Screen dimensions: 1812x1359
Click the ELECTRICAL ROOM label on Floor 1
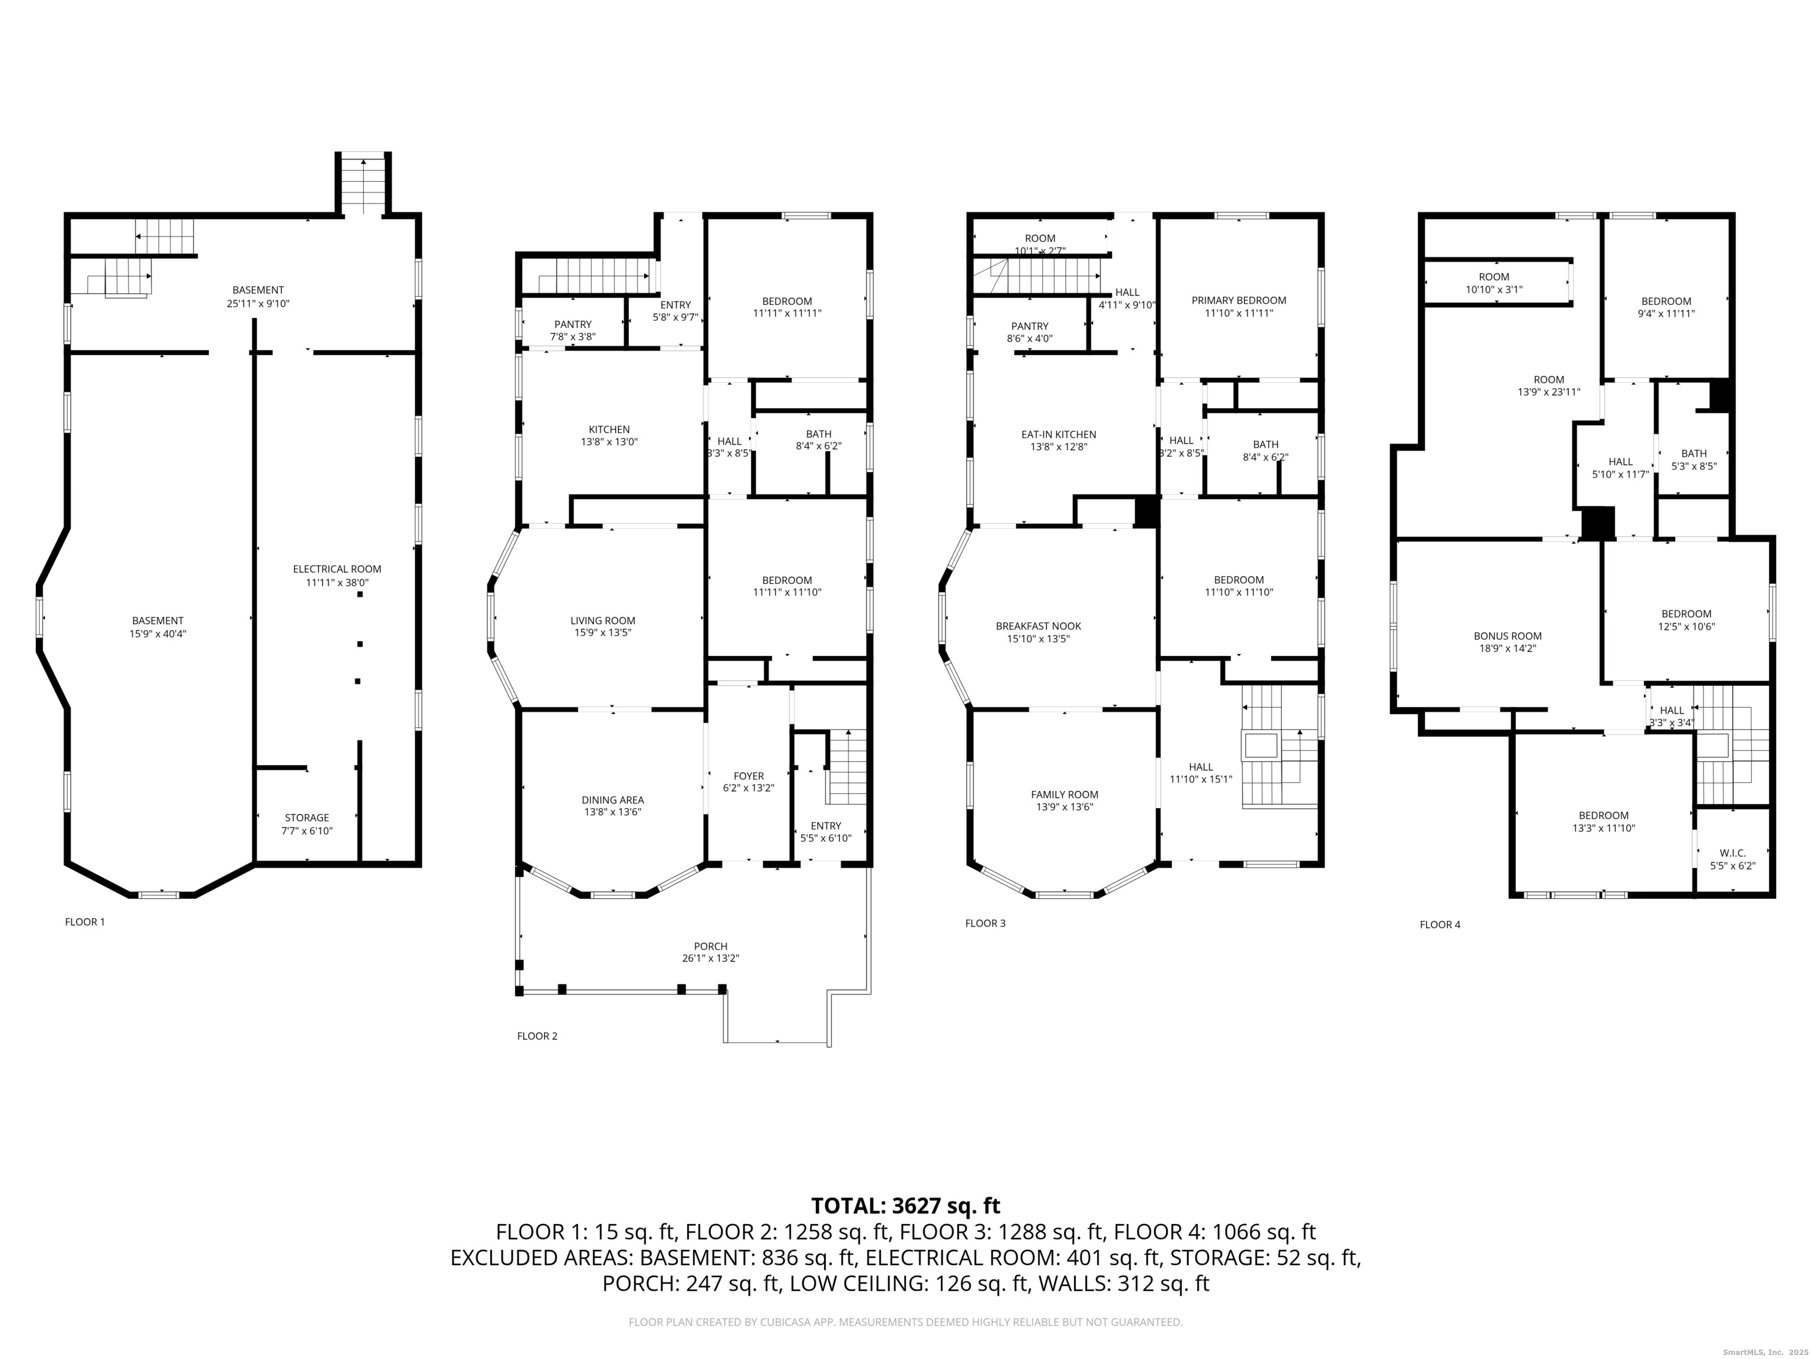pyautogui.click(x=337, y=569)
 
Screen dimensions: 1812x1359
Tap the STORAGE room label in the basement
pyautogui.click(x=307, y=818)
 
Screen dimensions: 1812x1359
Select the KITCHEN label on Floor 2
pyautogui.click(x=609, y=429)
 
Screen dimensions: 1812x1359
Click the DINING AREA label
pyautogui.click(x=613, y=799)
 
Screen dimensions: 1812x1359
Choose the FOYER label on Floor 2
pyautogui.click(x=749, y=776)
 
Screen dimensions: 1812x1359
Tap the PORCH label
pyautogui.click(x=710, y=946)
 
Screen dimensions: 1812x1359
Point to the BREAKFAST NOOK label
pyautogui.click(x=1039, y=626)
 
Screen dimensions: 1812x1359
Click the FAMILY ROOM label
pyautogui.click(x=1065, y=795)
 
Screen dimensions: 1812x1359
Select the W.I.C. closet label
pyautogui.click(x=1732, y=853)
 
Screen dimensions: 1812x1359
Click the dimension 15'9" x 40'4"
pyautogui.click(x=159, y=634)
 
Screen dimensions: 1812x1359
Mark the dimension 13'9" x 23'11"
pyautogui.click(x=1548, y=392)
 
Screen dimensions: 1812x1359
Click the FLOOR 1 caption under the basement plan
pyautogui.click(x=85, y=921)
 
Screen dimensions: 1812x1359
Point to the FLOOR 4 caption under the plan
pyautogui.click(x=1440, y=925)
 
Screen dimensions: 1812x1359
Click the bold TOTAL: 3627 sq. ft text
pyautogui.click(x=905, y=1206)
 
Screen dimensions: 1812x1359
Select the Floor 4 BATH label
pyautogui.click(x=1694, y=454)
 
